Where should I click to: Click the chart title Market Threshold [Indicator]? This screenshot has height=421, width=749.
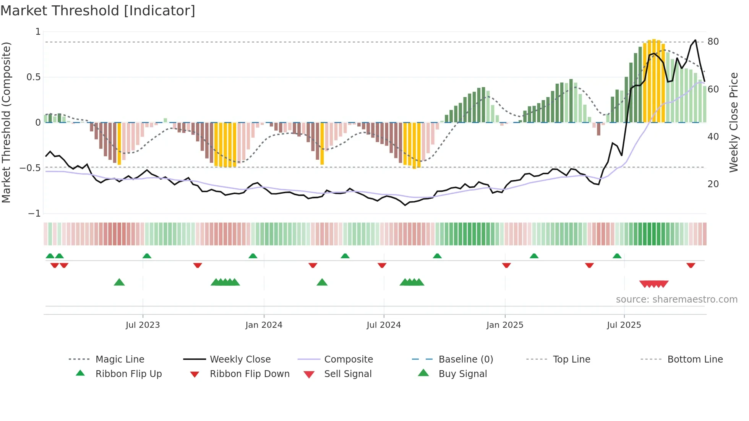[x=98, y=11]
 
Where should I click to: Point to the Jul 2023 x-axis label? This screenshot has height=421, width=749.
[x=143, y=325]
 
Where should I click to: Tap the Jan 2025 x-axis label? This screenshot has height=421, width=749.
[x=504, y=325]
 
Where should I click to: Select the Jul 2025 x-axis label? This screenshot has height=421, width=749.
[x=624, y=325]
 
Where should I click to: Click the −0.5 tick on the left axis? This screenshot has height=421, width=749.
[x=30, y=168]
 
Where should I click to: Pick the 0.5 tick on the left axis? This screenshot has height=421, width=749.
[x=33, y=77]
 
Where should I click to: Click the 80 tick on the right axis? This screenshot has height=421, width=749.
[x=713, y=42]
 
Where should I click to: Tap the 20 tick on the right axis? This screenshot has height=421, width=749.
[x=713, y=184]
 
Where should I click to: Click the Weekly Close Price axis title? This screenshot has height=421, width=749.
[x=733, y=122]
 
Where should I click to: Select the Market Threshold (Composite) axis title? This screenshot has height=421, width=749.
[x=6, y=122]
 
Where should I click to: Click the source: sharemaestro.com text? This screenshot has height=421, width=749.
[x=676, y=300]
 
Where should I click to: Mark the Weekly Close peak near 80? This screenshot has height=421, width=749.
[x=695, y=40]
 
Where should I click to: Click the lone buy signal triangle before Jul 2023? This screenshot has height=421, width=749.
[x=119, y=282]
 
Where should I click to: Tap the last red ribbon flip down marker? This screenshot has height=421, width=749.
[x=691, y=266]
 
